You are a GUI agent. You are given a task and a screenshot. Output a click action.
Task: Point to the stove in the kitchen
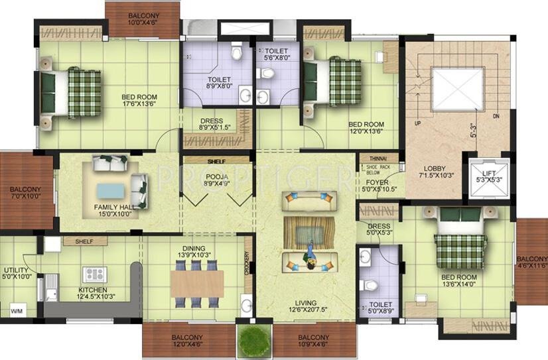click(94, 274)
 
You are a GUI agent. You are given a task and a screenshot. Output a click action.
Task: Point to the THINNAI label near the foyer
click(370, 158)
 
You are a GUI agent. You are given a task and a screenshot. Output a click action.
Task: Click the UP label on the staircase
click(417, 124)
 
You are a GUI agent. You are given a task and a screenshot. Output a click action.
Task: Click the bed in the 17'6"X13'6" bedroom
click(72, 93)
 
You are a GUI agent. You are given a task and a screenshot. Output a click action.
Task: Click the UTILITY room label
click(15, 274)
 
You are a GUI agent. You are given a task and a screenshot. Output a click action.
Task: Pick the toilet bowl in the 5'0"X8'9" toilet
click(372, 286)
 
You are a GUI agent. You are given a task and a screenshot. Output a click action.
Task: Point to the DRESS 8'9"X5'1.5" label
click(216, 125)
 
